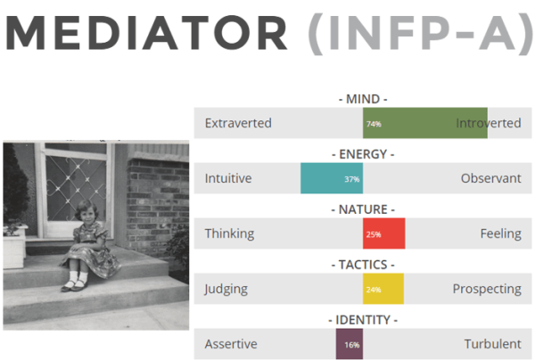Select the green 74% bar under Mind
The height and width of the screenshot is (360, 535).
coord(424,123)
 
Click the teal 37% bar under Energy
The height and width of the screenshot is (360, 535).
coord(332,178)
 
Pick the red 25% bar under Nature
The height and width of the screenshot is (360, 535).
coord(384,233)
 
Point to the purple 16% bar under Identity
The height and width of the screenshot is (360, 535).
coord(349,344)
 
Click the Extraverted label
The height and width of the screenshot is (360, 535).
coord(238,123)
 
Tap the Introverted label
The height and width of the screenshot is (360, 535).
coord(488,123)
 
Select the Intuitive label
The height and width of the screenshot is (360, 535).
coord(228,178)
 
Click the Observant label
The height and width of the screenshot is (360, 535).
coord(490,178)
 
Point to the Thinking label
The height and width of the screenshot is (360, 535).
coord(229,233)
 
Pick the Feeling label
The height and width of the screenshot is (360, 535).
coord(500,233)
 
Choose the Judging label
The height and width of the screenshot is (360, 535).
coord(226,289)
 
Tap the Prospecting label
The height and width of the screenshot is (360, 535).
coord(487,289)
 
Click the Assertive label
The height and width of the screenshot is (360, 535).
coord(231,344)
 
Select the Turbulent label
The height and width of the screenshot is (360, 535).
coord(492,344)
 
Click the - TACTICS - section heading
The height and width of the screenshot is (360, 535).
coord(362,265)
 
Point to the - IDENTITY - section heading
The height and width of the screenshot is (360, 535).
coord(362,320)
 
